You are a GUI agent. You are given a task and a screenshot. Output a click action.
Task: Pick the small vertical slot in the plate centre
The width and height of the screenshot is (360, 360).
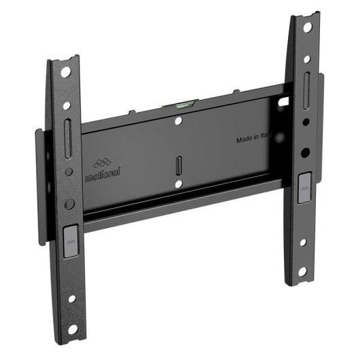179,165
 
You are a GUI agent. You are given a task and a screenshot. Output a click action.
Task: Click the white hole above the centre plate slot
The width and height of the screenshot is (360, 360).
178,122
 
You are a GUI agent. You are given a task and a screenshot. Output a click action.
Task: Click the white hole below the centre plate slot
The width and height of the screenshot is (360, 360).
178,183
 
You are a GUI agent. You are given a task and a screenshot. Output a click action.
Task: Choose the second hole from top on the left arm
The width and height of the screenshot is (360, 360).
66,105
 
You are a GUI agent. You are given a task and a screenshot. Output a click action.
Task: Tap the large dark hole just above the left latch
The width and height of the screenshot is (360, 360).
69,204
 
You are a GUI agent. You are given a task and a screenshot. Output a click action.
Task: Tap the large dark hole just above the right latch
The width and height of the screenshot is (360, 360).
305,153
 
